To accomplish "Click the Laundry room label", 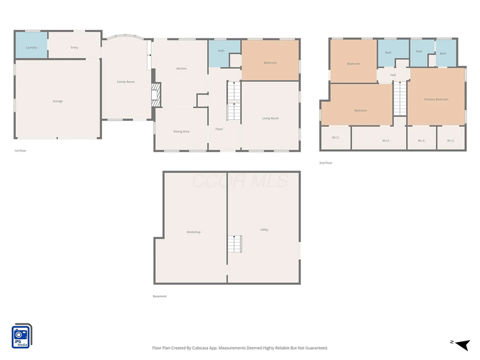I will click(32, 47).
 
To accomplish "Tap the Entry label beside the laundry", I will click(74, 47).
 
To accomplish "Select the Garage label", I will click(58, 101).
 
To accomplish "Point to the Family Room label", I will click(125, 82).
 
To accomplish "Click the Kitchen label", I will click(181, 68).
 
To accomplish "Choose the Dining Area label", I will click(181, 131).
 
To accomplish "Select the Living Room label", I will click(271, 118).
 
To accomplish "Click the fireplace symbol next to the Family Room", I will click(156, 95).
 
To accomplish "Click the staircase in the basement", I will click(234, 244).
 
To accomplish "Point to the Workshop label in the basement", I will click(193, 232).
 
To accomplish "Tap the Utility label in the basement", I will click(264, 230).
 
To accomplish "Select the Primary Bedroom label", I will click(436, 99).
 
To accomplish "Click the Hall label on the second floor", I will click(393, 75).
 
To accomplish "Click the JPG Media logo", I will click(22, 336).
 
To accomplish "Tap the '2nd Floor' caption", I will click(326, 163).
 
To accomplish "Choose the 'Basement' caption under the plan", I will click(160, 296).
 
